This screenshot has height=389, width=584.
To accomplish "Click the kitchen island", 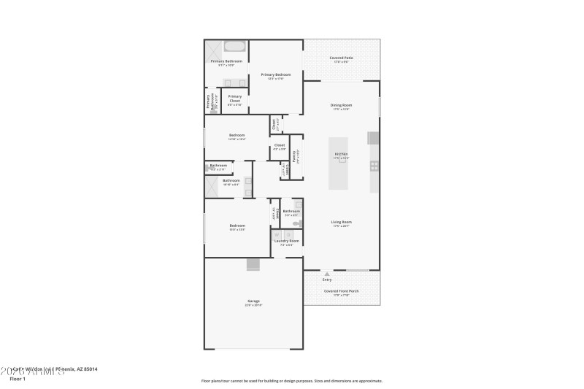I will pyautogui.click(x=337, y=163).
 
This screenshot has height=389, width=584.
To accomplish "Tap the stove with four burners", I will pyautogui.click(x=374, y=166).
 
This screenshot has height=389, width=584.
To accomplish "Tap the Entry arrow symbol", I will pyautogui.click(x=326, y=274).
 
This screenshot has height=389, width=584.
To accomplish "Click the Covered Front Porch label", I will pyautogui.click(x=341, y=291).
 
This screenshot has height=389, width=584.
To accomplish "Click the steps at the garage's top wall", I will pyautogui.click(x=253, y=264).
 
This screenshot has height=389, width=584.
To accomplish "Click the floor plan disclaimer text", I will pyautogui.click(x=291, y=380).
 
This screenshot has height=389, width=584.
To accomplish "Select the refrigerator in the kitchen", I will pyautogui.click(x=373, y=138).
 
